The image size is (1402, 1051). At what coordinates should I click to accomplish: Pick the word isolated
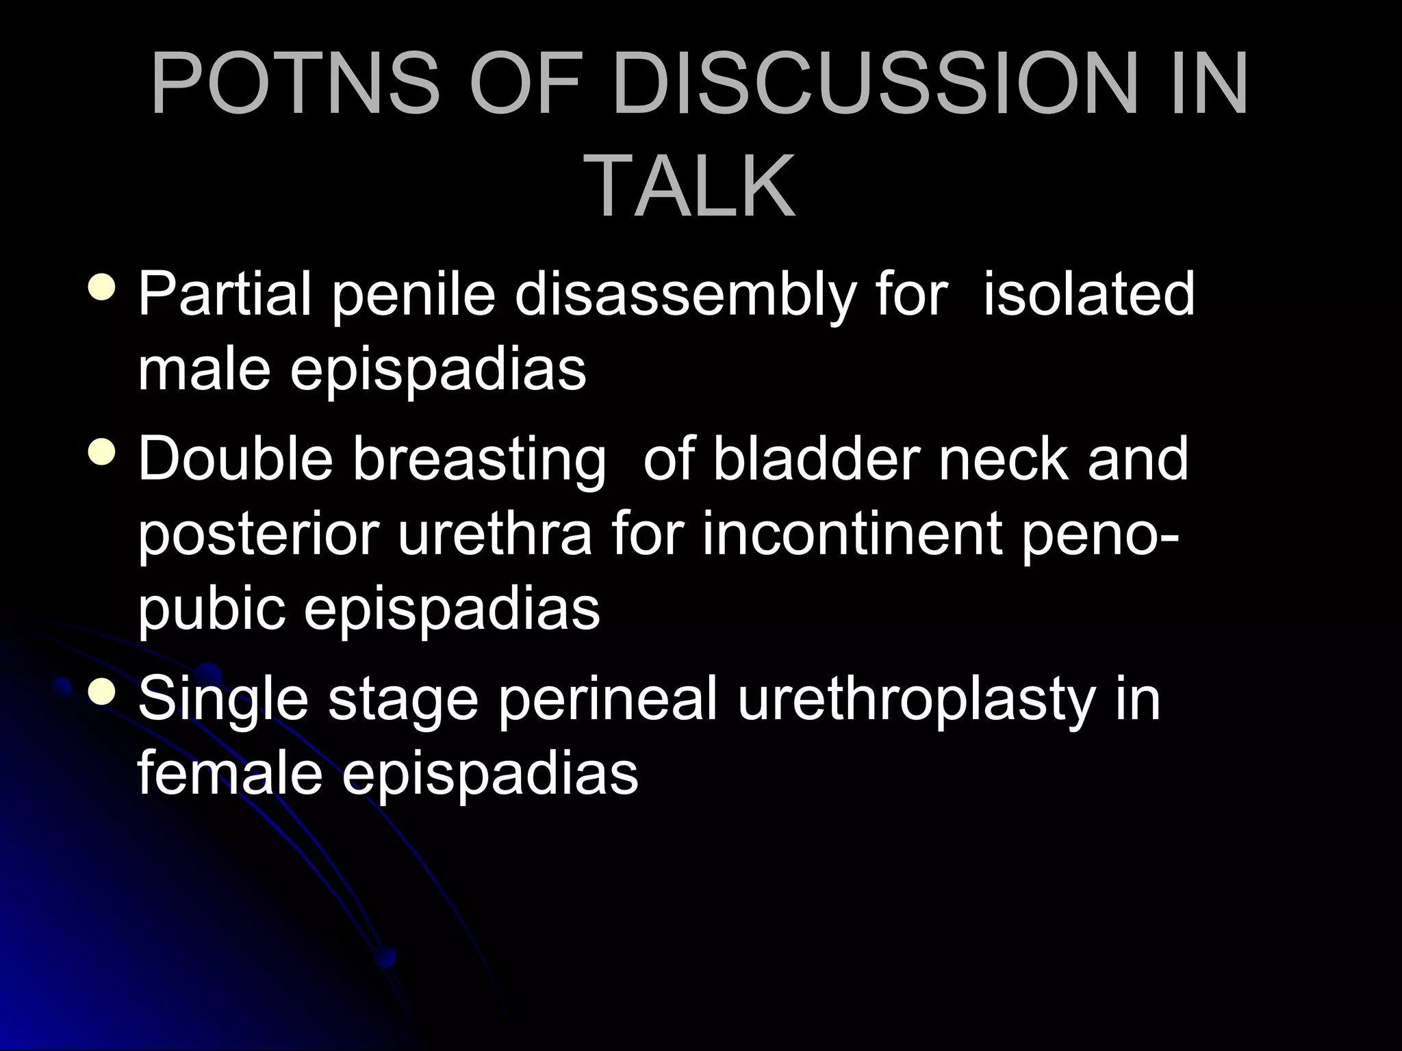click(1088, 294)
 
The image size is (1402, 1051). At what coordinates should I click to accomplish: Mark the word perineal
click(607, 701)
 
